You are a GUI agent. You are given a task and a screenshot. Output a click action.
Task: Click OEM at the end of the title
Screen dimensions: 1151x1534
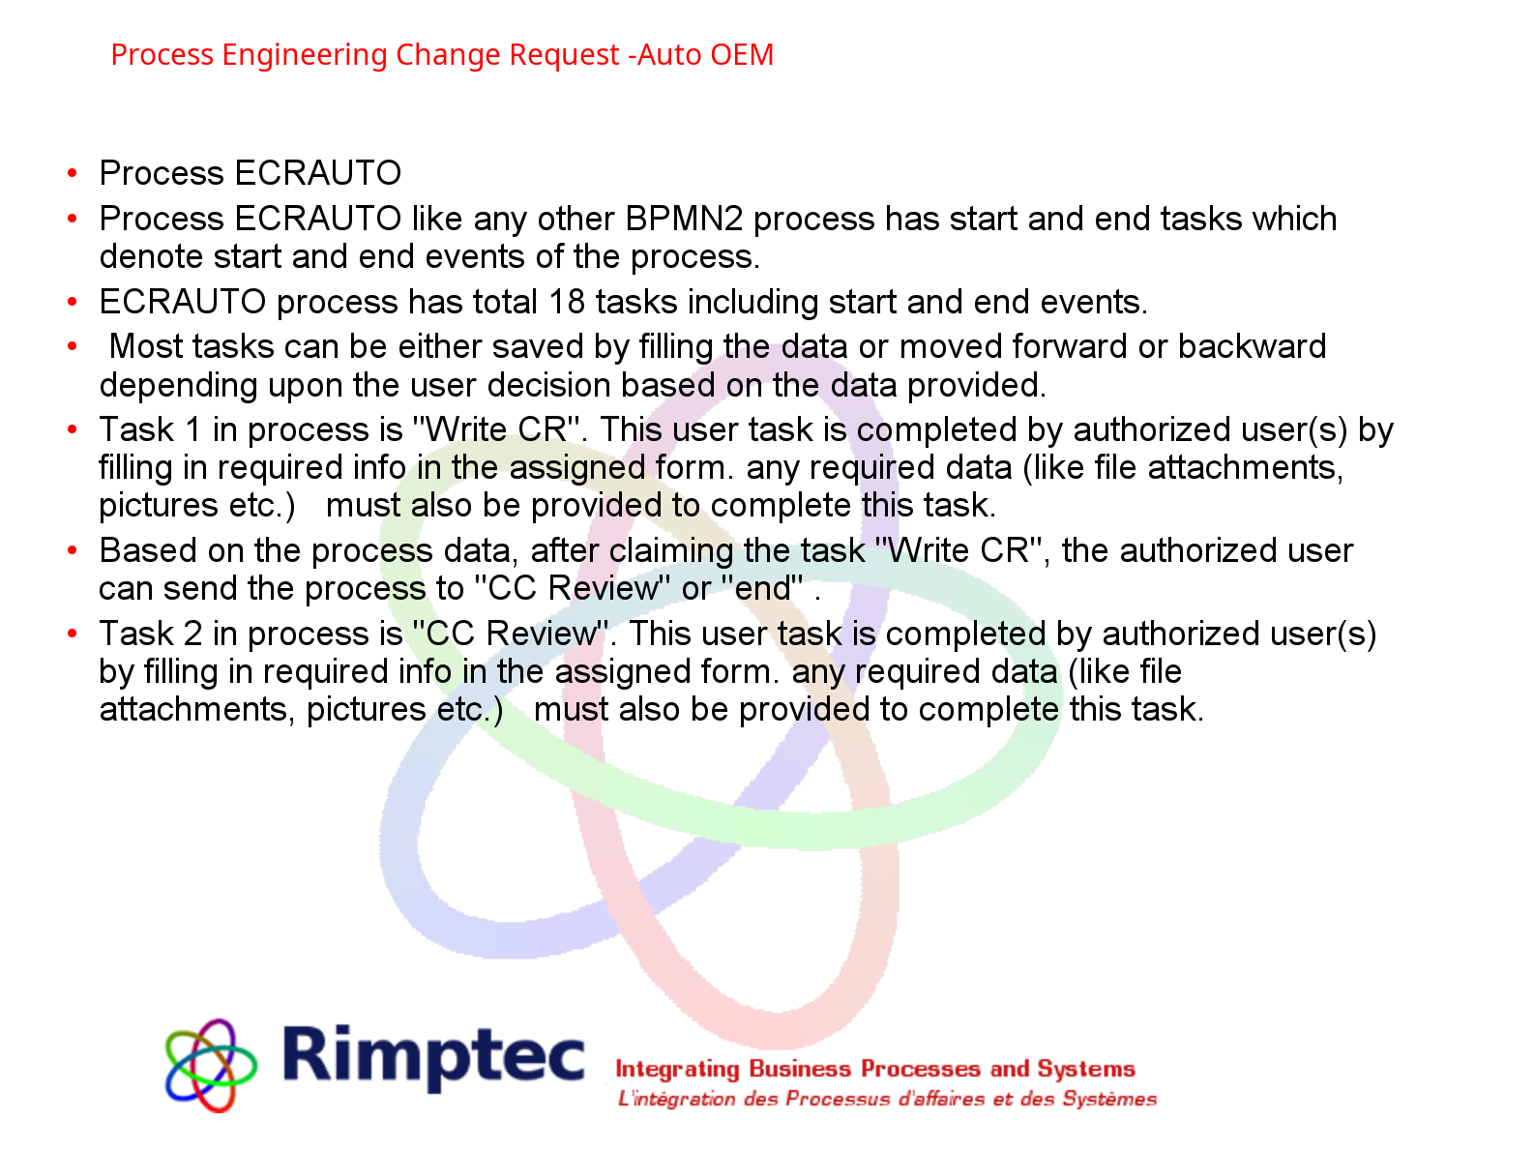pyautogui.click(x=743, y=56)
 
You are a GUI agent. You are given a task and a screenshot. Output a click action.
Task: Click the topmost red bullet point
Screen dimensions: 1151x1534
pyautogui.click(x=73, y=173)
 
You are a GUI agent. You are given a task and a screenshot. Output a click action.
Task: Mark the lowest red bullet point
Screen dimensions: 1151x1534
pyautogui.click(x=73, y=634)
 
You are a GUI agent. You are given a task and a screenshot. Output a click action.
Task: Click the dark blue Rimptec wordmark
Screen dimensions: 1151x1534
pyautogui.click(x=434, y=1056)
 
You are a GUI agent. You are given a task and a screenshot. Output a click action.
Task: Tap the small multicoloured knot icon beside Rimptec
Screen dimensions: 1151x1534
pyautogui.click(x=211, y=1064)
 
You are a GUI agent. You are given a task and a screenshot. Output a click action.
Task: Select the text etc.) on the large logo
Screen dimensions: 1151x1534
pyautogui.click(x=469, y=711)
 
